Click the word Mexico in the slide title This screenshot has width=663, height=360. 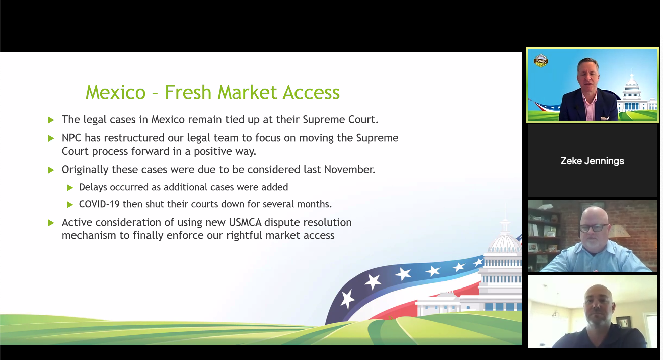[115, 92]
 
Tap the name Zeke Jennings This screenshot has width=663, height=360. [592, 161]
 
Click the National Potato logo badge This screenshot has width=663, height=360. [541, 61]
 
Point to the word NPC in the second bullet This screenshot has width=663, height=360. [71, 138]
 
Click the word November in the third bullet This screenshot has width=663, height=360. [350, 169]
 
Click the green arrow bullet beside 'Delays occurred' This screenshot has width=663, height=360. [70, 187]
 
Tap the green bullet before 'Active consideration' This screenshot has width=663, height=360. [51, 223]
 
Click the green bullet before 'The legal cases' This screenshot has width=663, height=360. [51, 120]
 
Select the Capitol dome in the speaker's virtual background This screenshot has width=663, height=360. [632, 81]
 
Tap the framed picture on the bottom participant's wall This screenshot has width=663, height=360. [623, 322]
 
